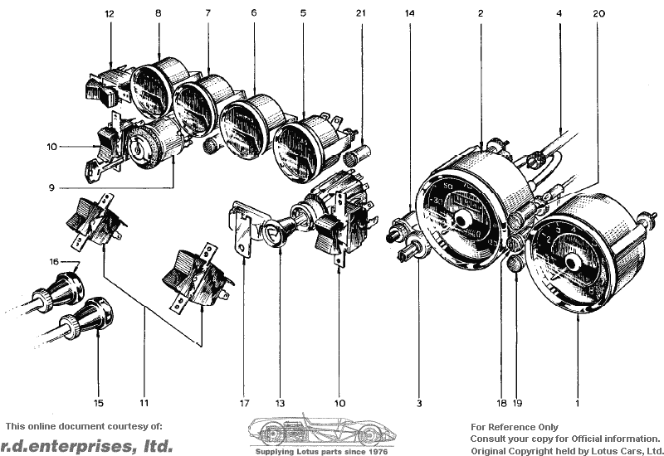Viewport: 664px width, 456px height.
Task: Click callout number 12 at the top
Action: [x=110, y=14]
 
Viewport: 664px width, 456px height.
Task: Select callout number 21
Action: [x=359, y=14]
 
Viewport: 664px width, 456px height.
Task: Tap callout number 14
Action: [x=409, y=14]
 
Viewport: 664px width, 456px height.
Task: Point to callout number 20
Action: [x=600, y=14]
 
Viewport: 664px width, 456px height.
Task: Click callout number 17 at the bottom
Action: [x=244, y=403]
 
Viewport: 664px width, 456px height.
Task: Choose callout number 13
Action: [x=281, y=403]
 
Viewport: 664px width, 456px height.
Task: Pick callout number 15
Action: [x=99, y=403]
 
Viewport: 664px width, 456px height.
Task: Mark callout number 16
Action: [x=54, y=261]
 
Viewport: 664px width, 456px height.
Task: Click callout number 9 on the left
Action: [x=52, y=187]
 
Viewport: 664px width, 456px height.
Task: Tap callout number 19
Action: [x=518, y=403]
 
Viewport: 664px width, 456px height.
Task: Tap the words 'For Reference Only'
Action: [x=514, y=427]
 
